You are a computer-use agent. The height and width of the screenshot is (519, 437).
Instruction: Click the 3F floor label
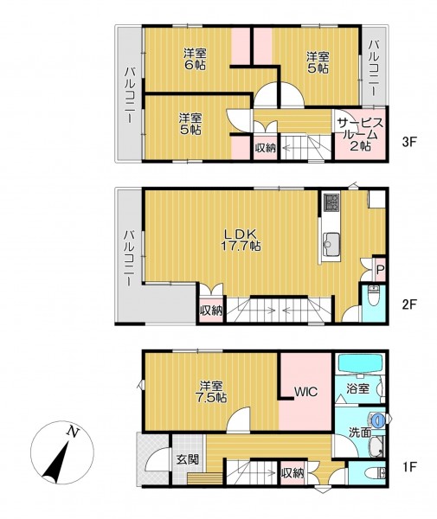click(408, 142)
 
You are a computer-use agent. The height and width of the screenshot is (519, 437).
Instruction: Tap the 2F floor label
click(408, 304)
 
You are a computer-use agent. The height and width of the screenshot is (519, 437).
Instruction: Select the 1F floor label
click(408, 467)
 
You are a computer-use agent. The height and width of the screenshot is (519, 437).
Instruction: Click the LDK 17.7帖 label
click(241, 240)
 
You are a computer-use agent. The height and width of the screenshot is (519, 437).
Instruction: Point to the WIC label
click(306, 392)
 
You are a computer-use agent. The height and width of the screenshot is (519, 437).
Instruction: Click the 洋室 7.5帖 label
click(211, 392)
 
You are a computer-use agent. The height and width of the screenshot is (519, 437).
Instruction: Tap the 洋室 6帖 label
click(195, 59)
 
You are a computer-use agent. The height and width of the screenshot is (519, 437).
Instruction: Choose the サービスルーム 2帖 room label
click(360, 134)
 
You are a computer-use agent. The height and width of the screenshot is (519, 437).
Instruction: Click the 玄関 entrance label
click(188, 459)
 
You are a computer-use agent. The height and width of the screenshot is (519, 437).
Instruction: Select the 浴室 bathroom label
click(358, 388)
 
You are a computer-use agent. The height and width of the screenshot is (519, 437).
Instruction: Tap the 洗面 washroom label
click(360, 432)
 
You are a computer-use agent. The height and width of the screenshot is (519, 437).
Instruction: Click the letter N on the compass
click(73, 432)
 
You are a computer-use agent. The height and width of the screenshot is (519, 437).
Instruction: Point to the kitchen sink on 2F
click(331, 244)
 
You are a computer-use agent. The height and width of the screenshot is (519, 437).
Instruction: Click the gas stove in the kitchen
click(331, 203)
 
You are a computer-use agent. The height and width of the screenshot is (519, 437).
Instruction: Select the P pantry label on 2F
click(380, 269)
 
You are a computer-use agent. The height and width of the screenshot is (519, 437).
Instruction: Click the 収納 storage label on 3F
click(265, 148)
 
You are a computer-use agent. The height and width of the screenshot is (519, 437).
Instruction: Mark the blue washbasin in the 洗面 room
click(377, 420)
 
